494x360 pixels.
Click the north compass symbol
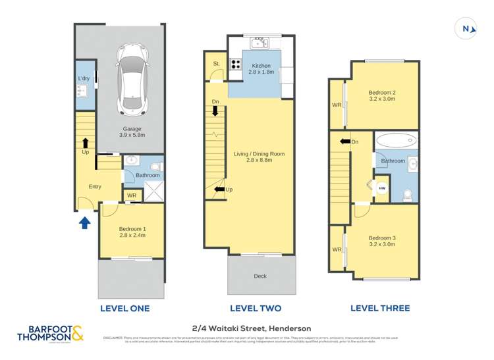[466, 28]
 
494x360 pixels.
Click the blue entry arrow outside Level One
[84, 222]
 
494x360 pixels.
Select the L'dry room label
[84, 79]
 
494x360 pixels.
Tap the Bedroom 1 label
[132, 231]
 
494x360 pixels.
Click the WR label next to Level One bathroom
[132, 195]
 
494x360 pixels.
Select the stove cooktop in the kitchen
[236, 64]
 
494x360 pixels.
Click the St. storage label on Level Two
[216, 64]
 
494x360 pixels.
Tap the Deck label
[260, 276]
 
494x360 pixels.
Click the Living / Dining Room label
[259, 157]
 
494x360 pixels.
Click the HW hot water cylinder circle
[381, 188]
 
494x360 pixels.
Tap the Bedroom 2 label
[381, 95]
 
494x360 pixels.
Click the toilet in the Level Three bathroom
[408, 193]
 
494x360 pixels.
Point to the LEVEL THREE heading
[380, 308]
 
